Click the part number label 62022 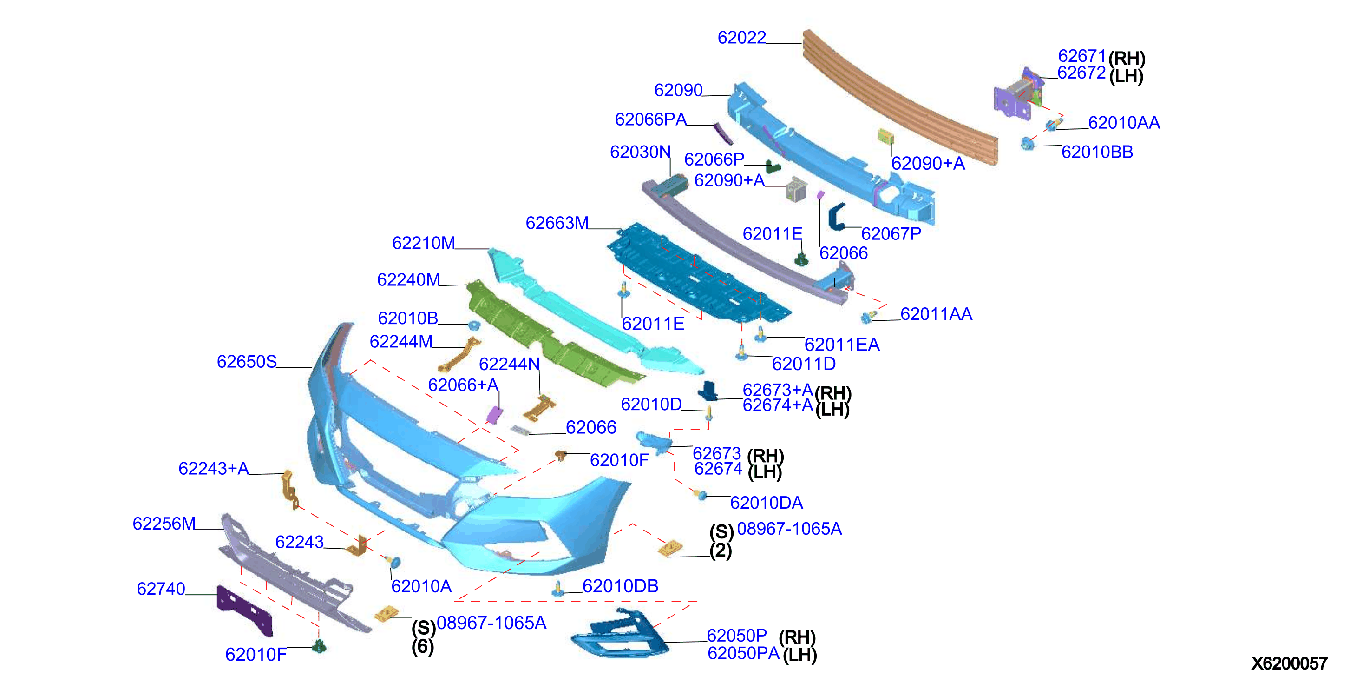(741, 38)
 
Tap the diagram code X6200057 (1289, 663)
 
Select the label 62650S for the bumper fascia (247, 362)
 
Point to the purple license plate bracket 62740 (244, 610)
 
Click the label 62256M (164, 524)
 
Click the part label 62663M (557, 223)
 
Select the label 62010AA (1124, 123)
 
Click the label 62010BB (1097, 152)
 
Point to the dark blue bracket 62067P (837, 217)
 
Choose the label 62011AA (936, 314)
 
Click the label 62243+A (213, 469)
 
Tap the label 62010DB (620, 586)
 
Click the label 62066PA (650, 119)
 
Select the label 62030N (640, 152)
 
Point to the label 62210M (423, 243)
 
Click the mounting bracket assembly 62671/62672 (1019, 94)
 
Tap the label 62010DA (766, 503)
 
